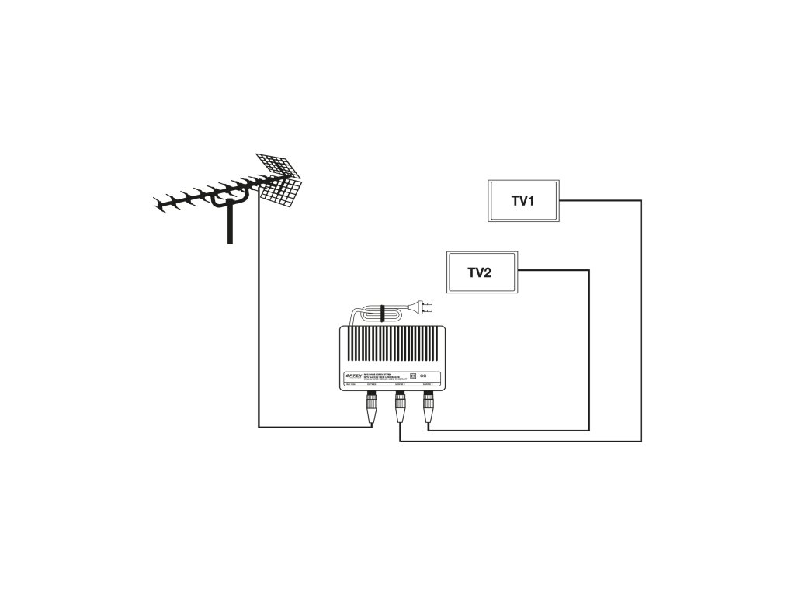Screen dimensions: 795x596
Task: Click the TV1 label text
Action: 522,201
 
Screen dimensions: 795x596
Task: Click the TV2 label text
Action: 479,272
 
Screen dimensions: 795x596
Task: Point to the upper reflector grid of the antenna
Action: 277,165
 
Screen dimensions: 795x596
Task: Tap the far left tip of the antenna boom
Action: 158,205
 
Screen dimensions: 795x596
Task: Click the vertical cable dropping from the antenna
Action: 259,310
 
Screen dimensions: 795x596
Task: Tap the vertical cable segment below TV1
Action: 641,326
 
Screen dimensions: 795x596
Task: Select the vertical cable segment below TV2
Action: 589,349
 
